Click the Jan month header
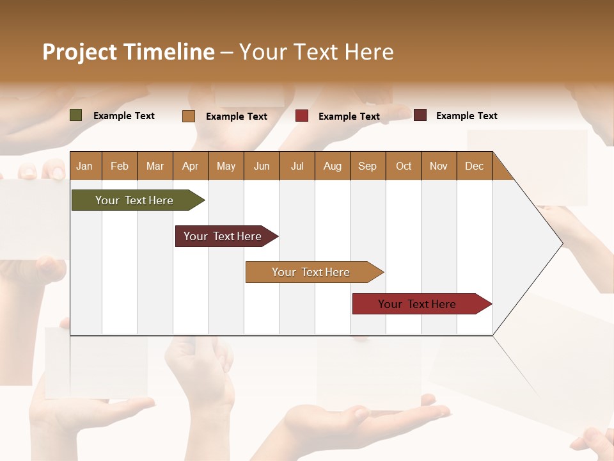point(84,166)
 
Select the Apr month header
point(190,166)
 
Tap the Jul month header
point(297,166)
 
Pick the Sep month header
point(367,166)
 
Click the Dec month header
point(474,166)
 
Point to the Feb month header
point(120,166)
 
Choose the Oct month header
point(404,166)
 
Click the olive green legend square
point(76,115)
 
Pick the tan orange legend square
point(189,116)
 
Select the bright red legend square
point(302,116)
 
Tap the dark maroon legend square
point(420,115)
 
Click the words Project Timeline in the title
point(129,52)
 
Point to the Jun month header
point(262,166)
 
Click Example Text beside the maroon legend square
point(466,116)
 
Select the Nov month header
point(439,166)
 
